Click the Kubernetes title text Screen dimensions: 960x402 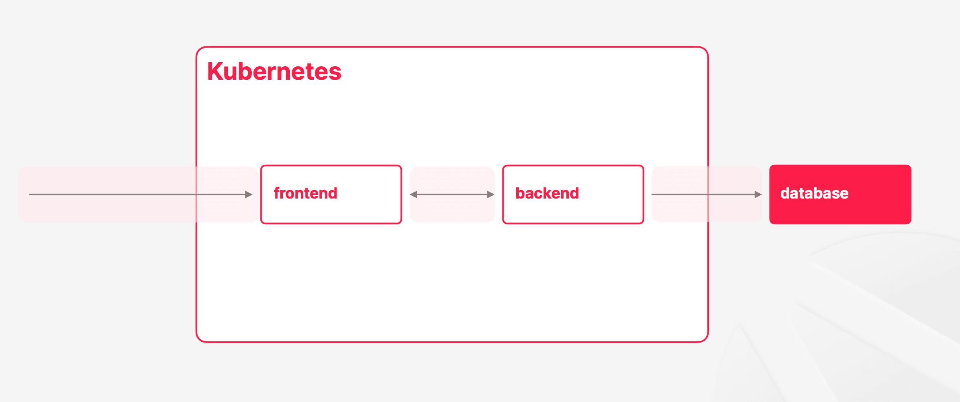(x=274, y=72)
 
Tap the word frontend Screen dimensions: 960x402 (x=306, y=193)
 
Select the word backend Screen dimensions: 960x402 (x=547, y=193)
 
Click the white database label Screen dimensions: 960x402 (x=815, y=193)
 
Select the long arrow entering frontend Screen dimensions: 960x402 (x=141, y=194)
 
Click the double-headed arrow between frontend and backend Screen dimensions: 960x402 (x=452, y=194)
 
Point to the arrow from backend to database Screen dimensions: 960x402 (x=707, y=194)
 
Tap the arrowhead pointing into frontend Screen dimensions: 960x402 (x=249, y=194)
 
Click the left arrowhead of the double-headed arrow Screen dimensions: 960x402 (x=413, y=194)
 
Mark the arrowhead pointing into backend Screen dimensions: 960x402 (x=491, y=194)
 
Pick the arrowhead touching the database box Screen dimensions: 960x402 (x=758, y=194)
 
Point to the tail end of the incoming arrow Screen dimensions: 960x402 (x=29, y=194)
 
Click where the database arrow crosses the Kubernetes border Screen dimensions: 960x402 (x=708, y=194)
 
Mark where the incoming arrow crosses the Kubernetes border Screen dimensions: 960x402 (x=196, y=194)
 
